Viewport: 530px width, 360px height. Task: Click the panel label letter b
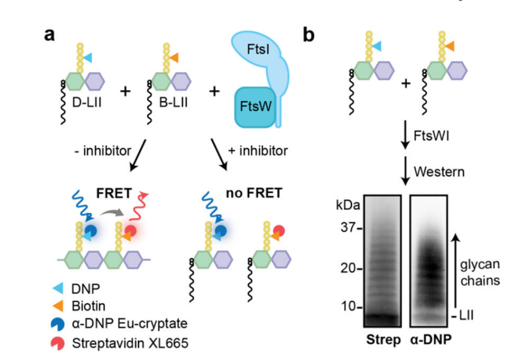click(x=309, y=35)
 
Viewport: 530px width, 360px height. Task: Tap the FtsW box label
click(x=254, y=105)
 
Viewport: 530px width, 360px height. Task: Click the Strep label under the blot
click(x=381, y=340)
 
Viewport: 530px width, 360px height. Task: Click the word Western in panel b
click(x=439, y=171)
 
